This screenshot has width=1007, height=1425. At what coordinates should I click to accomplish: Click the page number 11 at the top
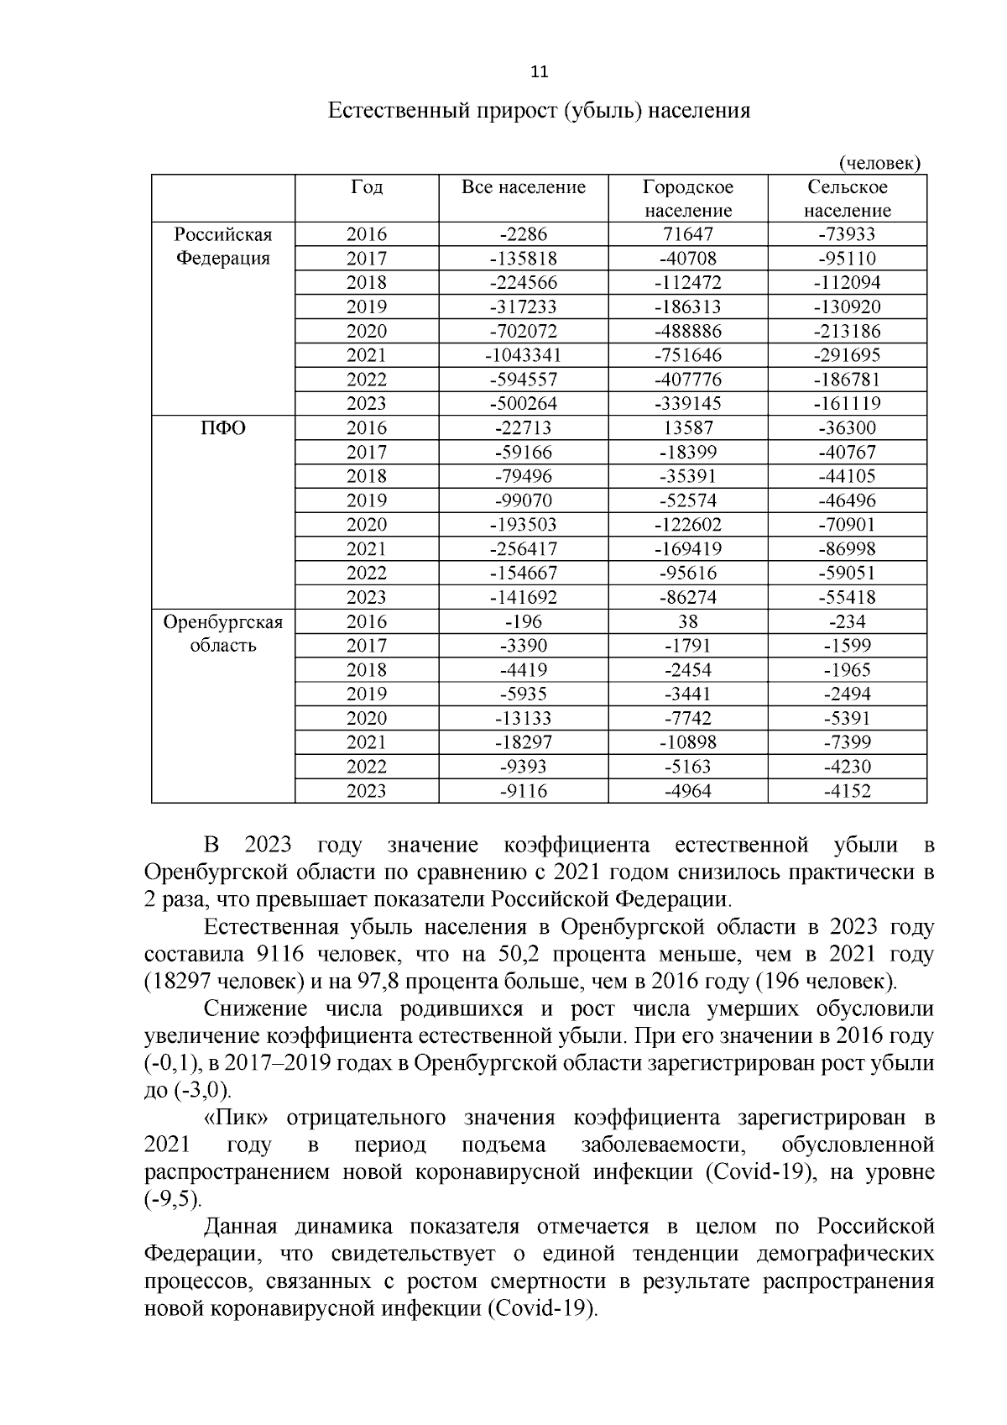tap(540, 71)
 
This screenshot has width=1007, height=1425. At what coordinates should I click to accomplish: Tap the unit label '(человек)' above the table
tap(879, 163)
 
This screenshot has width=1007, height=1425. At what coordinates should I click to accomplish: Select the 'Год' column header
tap(367, 187)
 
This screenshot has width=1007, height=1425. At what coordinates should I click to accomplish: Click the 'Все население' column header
tap(524, 187)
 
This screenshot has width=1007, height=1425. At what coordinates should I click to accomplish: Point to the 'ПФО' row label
tap(223, 428)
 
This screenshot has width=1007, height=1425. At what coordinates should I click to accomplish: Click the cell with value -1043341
tap(524, 355)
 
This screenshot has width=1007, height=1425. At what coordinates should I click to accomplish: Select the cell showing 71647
tap(688, 234)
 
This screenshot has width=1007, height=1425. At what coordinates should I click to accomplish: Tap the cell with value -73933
tap(847, 234)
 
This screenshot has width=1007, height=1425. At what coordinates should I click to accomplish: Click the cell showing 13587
tap(688, 428)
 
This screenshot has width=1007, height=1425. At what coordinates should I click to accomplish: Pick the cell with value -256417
tap(524, 549)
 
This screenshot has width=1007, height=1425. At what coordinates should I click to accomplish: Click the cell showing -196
tap(524, 622)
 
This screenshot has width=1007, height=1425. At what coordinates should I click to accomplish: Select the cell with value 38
tap(688, 622)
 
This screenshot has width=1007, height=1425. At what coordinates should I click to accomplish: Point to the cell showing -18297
tap(524, 742)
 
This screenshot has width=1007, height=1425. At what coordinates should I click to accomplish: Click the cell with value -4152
tap(847, 791)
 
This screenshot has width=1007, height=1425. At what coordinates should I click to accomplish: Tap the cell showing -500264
tap(524, 404)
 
